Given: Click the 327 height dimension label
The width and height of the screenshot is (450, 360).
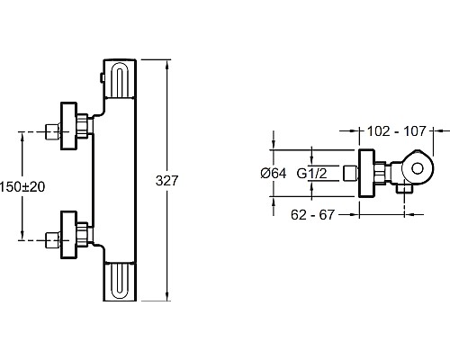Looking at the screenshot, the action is [x=167, y=181].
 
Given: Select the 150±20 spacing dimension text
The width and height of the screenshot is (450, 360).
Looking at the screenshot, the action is [x=22, y=187].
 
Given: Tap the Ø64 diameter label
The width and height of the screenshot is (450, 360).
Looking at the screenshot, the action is [x=274, y=174].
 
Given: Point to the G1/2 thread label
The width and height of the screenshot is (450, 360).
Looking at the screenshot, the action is [x=311, y=174].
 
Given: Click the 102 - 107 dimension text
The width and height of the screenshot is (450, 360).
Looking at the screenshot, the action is [x=397, y=131].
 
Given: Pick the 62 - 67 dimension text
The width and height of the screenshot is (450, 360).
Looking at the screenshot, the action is [x=312, y=215].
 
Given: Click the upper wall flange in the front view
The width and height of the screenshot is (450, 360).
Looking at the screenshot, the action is [x=69, y=126].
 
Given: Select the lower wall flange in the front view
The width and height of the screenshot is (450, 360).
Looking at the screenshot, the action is [x=69, y=235].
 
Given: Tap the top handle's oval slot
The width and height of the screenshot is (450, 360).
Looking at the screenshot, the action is [x=120, y=80].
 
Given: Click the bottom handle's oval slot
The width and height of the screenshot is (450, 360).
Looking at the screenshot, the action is [x=120, y=280].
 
